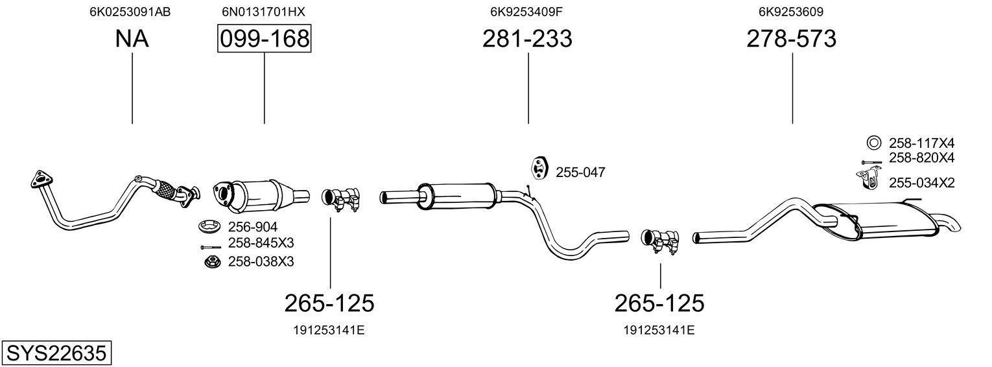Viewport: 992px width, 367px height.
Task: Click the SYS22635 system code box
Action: [56, 353]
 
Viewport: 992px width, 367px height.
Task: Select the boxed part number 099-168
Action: [265, 39]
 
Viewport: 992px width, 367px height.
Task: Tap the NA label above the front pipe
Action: [132, 38]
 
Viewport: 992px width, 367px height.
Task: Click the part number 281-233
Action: [527, 38]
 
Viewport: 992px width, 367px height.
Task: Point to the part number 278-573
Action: [792, 38]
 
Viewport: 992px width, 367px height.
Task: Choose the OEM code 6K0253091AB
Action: [130, 12]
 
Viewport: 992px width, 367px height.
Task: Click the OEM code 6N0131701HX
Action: [263, 12]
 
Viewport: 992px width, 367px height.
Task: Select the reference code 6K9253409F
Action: [526, 12]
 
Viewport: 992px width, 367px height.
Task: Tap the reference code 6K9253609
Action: [792, 12]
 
